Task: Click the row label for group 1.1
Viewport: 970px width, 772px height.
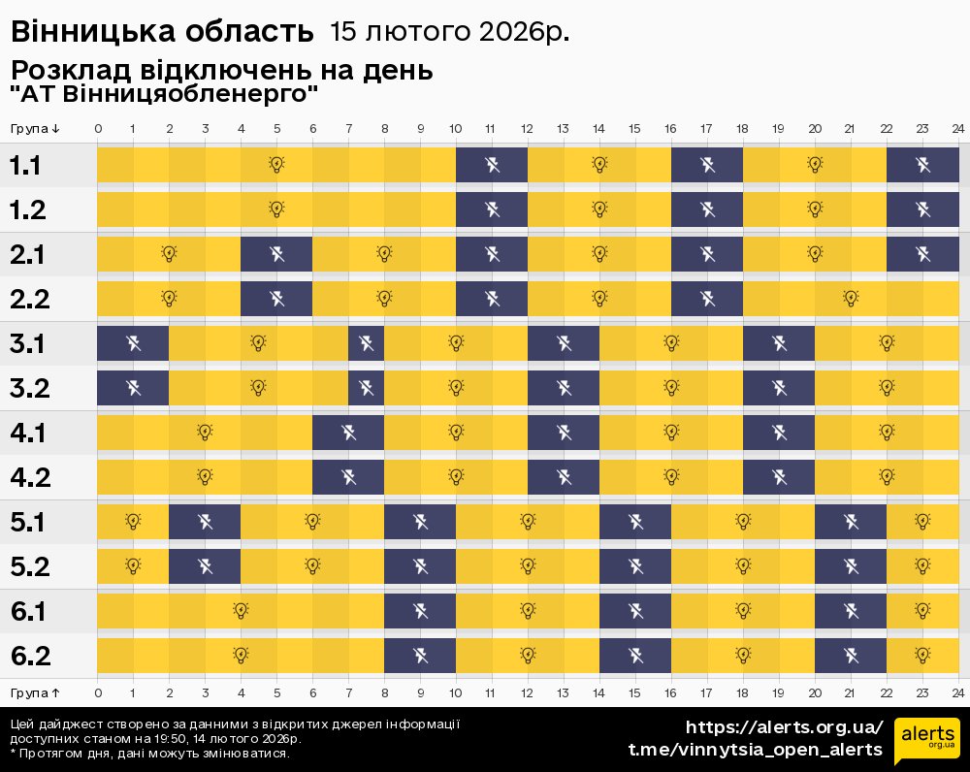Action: pos(25,165)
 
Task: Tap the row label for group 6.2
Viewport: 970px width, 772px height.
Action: pos(30,656)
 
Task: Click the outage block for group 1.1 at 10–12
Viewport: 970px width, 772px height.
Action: pos(492,165)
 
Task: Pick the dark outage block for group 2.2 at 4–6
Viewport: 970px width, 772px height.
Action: pos(276,299)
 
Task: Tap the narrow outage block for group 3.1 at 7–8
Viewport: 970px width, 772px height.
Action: pos(366,343)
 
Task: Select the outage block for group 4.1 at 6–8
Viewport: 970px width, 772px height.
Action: pos(348,433)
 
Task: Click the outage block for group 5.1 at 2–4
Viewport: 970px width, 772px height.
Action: pos(205,522)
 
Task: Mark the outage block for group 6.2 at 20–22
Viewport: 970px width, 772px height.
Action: pos(851,656)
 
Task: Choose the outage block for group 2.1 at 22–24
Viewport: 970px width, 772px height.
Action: pos(922,254)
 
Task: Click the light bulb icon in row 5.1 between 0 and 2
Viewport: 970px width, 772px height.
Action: pos(133,522)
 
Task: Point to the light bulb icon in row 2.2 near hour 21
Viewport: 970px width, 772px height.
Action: pos(851,299)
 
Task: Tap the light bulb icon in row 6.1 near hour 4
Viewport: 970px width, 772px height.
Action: pos(241,611)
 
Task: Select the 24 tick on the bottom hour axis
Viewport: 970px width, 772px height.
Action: pos(957,692)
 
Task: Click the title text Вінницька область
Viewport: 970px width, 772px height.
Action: pos(162,32)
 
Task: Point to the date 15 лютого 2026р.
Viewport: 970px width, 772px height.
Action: pos(449,32)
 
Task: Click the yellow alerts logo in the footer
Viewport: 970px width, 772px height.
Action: pos(926,741)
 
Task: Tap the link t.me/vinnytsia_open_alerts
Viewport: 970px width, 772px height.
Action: pos(756,750)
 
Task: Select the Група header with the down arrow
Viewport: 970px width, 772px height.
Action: pos(36,129)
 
